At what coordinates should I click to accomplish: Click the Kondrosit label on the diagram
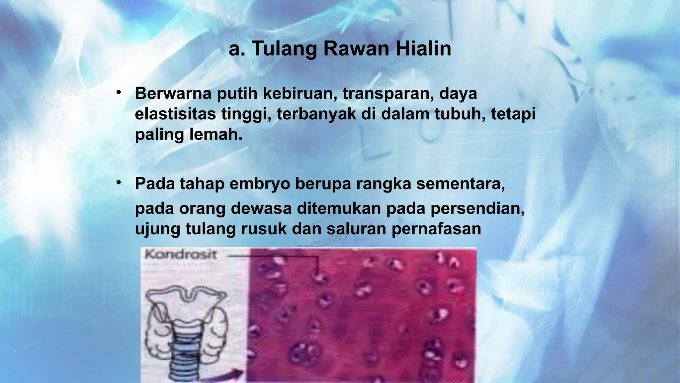[181, 255]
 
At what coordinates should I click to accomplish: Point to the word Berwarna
[173, 93]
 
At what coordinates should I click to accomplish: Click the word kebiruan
[300, 93]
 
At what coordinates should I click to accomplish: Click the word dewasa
[261, 209]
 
